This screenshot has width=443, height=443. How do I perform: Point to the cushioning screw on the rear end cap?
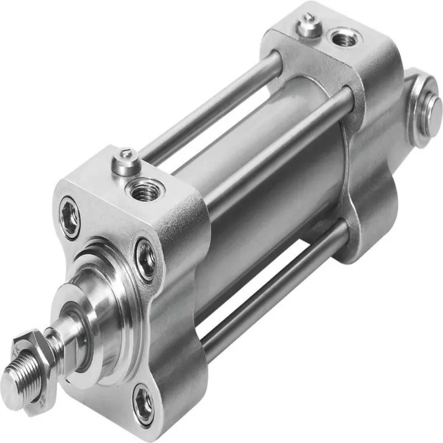309,25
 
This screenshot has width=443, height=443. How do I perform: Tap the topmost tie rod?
216,105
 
